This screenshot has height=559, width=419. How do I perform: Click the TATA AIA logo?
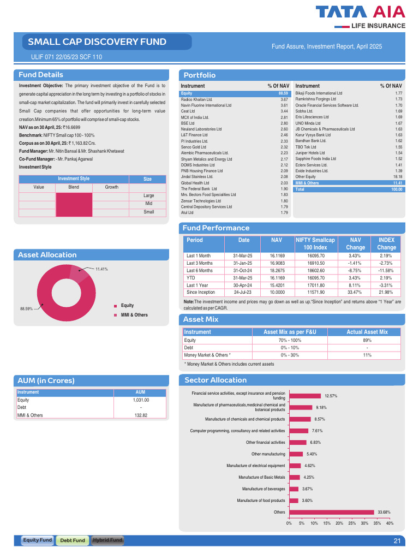(x=360, y=17)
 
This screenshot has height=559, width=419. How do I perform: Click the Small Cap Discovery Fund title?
(x=97, y=41)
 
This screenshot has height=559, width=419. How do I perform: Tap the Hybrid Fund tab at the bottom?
(x=107, y=540)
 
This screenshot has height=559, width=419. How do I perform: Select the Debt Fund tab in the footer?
(x=73, y=540)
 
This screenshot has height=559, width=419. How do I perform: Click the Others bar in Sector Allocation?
(x=332, y=512)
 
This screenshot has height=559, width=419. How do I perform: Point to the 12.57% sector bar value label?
(x=331, y=396)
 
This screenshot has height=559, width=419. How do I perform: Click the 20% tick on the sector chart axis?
(x=339, y=524)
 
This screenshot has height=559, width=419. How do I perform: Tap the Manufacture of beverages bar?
(x=294, y=489)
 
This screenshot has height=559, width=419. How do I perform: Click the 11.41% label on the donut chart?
(x=101, y=269)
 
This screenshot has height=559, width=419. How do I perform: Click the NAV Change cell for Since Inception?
(x=355, y=293)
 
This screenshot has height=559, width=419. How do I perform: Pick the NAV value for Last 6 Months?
(x=277, y=271)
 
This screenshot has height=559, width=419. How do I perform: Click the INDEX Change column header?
(x=386, y=244)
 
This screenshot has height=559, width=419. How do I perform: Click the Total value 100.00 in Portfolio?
(x=397, y=189)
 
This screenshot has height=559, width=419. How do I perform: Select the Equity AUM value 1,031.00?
(x=141, y=400)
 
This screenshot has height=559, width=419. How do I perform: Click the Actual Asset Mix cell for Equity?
(x=367, y=341)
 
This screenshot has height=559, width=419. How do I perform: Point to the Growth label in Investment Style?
(x=111, y=187)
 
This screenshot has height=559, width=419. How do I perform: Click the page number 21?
(x=397, y=541)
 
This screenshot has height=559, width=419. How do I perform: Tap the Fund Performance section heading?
(x=216, y=228)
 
